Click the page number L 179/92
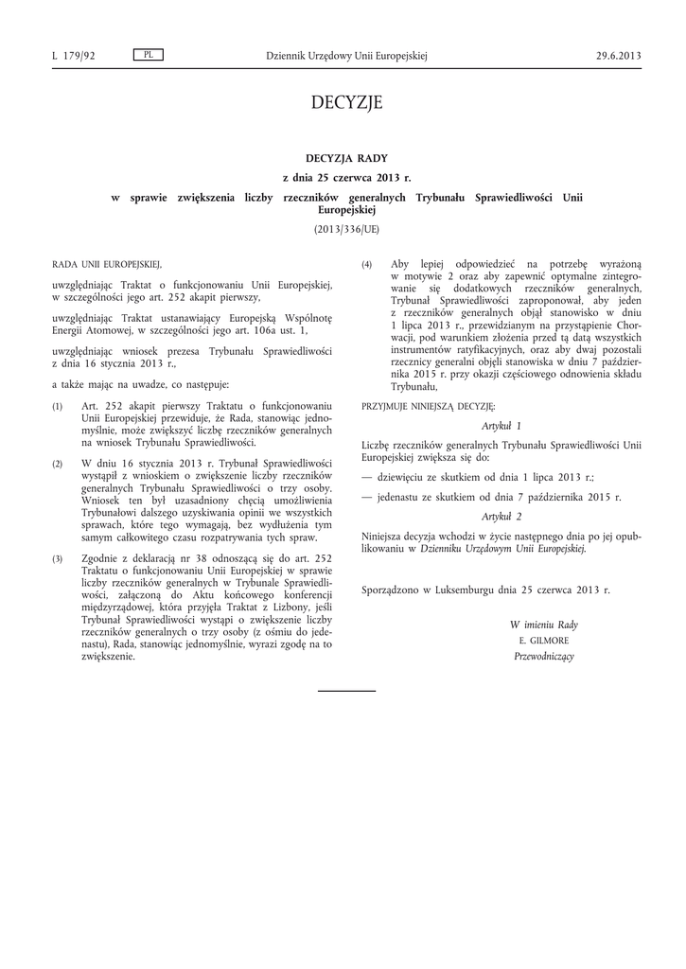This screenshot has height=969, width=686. (x=74, y=56)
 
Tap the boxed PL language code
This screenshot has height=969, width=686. (x=149, y=55)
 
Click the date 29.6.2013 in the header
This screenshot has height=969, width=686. (x=619, y=56)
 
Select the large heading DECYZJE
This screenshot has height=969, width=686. (x=346, y=102)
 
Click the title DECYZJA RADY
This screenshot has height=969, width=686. (x=346, y=158)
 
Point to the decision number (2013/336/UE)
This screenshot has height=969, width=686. (x=346, y=229)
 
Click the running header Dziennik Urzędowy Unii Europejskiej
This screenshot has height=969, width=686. (x=346, y=56)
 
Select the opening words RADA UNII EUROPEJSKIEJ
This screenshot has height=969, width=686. (x=107, y=264)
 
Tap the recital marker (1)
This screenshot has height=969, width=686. (x=58, y=406)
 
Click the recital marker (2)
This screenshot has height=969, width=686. (x=58, y=464)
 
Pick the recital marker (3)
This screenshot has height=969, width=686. (x=58, y=559)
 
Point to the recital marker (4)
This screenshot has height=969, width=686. (x=367, y=264)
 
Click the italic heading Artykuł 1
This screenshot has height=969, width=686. (x=501, y=427)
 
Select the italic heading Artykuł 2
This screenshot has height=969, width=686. (x=501, y=516)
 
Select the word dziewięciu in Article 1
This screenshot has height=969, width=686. (x=404, y=478)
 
